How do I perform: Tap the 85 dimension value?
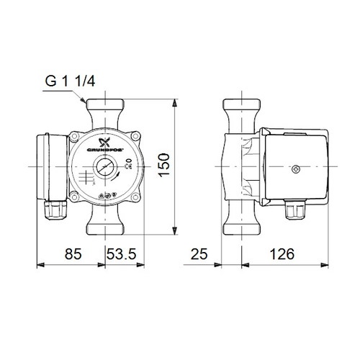[68, 254]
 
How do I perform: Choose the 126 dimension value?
[287, 254]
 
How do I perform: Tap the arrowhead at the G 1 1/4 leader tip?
[85, 102]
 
